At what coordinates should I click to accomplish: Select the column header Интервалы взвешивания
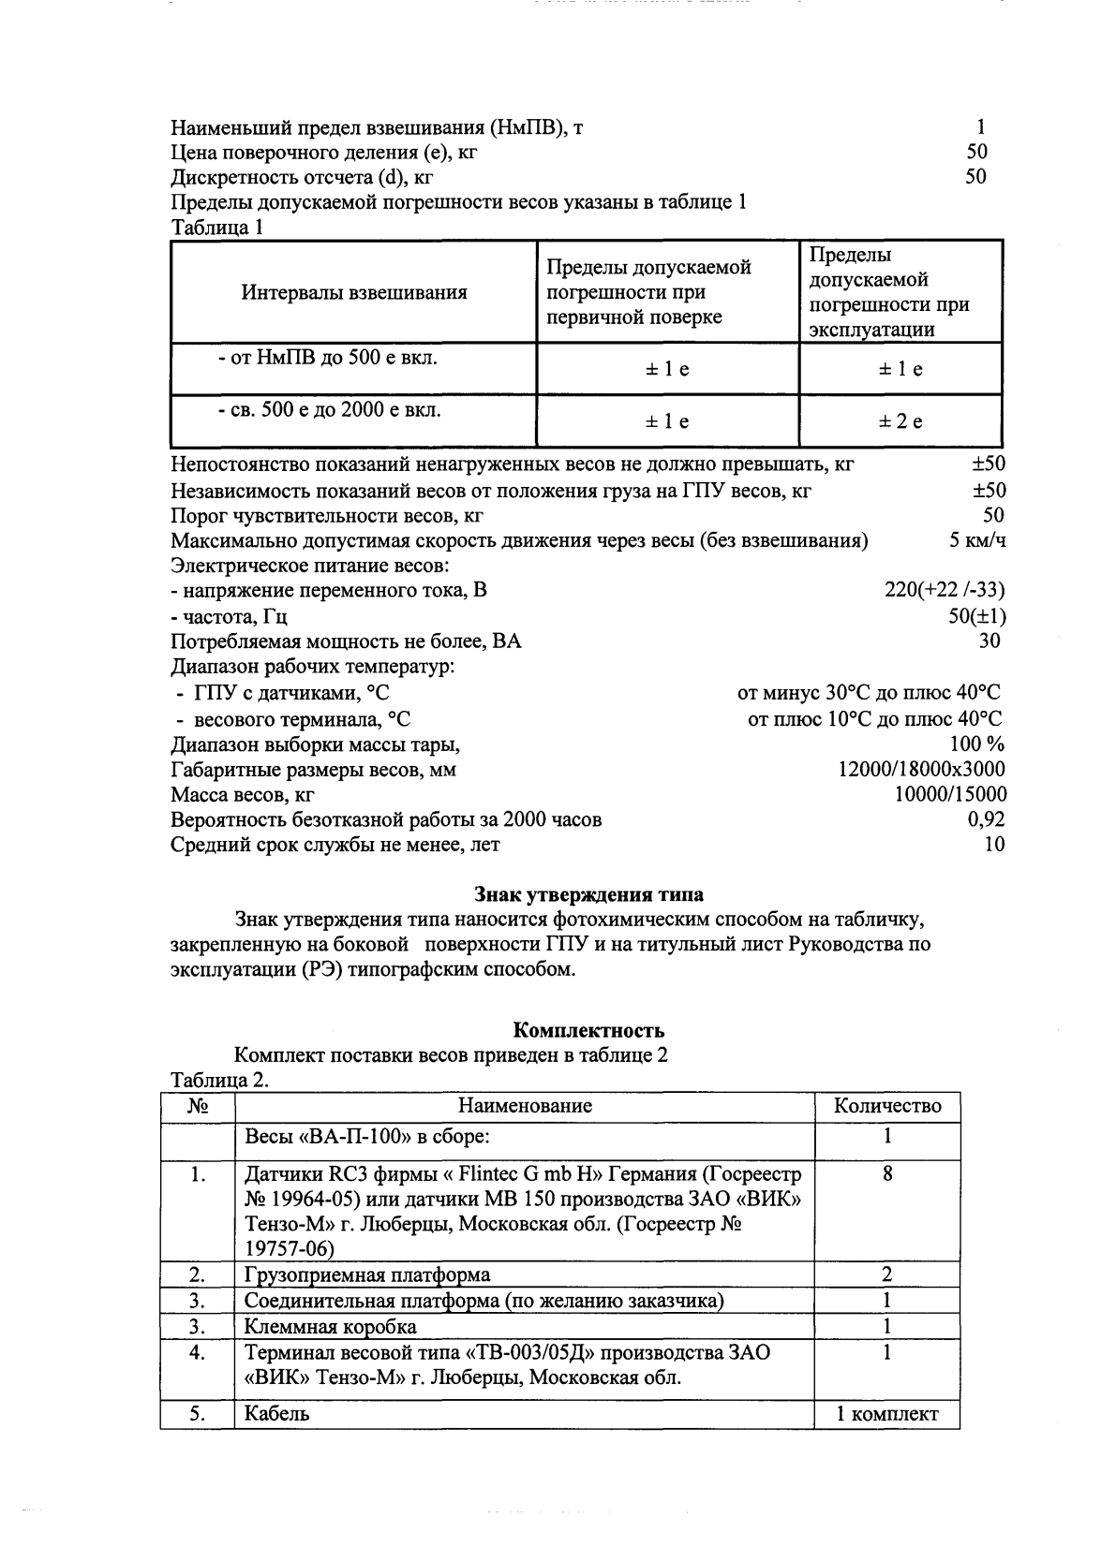coord(354,292)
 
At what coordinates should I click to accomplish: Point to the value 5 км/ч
coord(977,540)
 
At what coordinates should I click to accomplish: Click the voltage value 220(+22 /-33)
coord(945,591)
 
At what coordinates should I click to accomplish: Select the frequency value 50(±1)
coord(977,616)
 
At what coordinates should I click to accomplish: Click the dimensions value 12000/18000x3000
coord(921,769)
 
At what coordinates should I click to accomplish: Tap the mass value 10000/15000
coord(951,794)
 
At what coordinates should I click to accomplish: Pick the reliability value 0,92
coord(986,819)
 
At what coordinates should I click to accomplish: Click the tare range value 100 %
coord(977,744)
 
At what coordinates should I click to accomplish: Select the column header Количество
coord(887,1106)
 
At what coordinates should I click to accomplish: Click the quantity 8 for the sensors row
coord(886,1173)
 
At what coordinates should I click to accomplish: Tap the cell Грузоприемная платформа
coord(367,1274)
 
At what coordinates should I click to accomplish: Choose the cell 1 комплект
coord(887,1414)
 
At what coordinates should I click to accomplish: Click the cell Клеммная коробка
coord(330,1326)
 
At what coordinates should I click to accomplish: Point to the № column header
coord(197,1106)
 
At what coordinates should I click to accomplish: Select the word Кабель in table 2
coord(276,1414)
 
